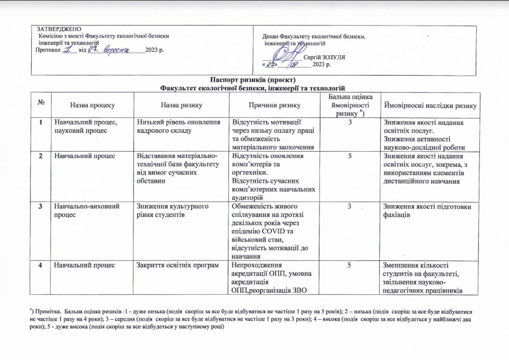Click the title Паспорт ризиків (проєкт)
[253, 80]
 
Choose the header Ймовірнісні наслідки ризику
[430, 105]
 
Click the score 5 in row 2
[350, 155]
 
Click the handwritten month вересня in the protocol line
[118, 50]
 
